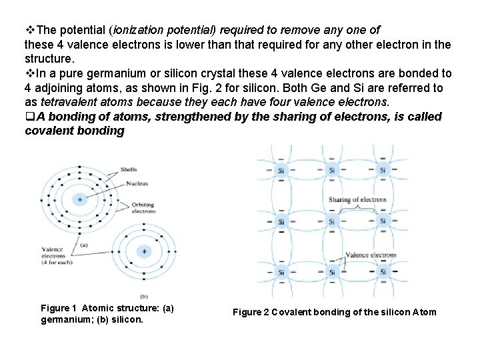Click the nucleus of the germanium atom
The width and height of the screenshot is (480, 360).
[x=79, y=199]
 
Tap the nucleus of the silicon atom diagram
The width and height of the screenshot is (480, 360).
[x=143, y=251]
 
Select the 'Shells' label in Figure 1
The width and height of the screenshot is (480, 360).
[x=129, y=169]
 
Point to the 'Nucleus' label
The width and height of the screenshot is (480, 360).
[x=136, y=183]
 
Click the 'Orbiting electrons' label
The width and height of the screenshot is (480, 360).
[x=143, y=208]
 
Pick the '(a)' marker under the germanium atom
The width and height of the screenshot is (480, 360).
[x=84, y=245]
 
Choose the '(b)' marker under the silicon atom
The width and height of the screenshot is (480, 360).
[x=143, y=295]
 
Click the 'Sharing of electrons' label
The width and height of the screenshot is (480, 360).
[x=357, y=199]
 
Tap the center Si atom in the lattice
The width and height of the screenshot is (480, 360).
[x=332, y=221]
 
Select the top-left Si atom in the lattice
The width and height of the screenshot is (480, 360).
[x=281, y=170]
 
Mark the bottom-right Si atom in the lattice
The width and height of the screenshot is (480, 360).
[x=383, y=272]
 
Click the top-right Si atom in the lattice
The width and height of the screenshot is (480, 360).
[x=383, y=170]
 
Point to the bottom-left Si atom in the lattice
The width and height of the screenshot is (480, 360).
[x=281, y=272]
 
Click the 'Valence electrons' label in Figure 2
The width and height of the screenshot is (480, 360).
[x=371, y=255]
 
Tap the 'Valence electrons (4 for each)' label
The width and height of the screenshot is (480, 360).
[x=53, y=256]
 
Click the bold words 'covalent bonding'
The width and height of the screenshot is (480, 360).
[x=74, y=131]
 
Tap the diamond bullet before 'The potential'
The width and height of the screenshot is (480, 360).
[x=29, y=30]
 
